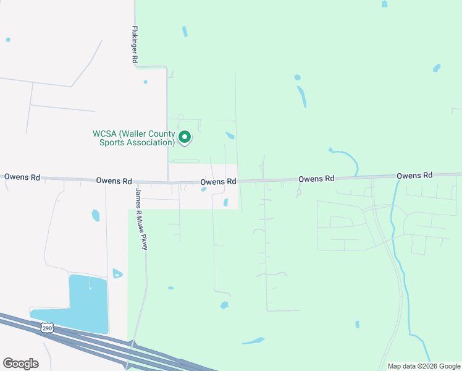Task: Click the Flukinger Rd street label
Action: click(134, 45)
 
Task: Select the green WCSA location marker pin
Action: click(184, 137)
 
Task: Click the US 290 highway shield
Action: click(48, 328)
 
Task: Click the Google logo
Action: click(20, 364)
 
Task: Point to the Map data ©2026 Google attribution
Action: click(424, 366)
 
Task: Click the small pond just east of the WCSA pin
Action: click(230, 135)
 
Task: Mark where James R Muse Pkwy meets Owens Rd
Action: click(135, 182)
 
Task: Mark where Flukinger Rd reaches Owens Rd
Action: click(168, 182)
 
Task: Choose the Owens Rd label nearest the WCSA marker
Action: click(218, 182)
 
